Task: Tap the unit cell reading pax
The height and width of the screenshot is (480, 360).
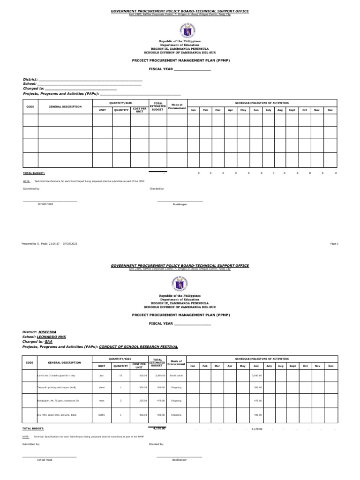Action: (x=102, y=375)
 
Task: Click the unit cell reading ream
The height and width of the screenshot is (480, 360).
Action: (x=102, y=401)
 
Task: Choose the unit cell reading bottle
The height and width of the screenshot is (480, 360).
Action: (x=102, y=414)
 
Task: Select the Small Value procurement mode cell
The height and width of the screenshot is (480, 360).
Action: (x=176, y=375)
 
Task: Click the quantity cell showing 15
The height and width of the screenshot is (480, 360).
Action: (x=120, y=375)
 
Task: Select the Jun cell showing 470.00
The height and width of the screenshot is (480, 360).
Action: (x=256, y=401)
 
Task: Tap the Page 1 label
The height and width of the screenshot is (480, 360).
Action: (x=334, y=244)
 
